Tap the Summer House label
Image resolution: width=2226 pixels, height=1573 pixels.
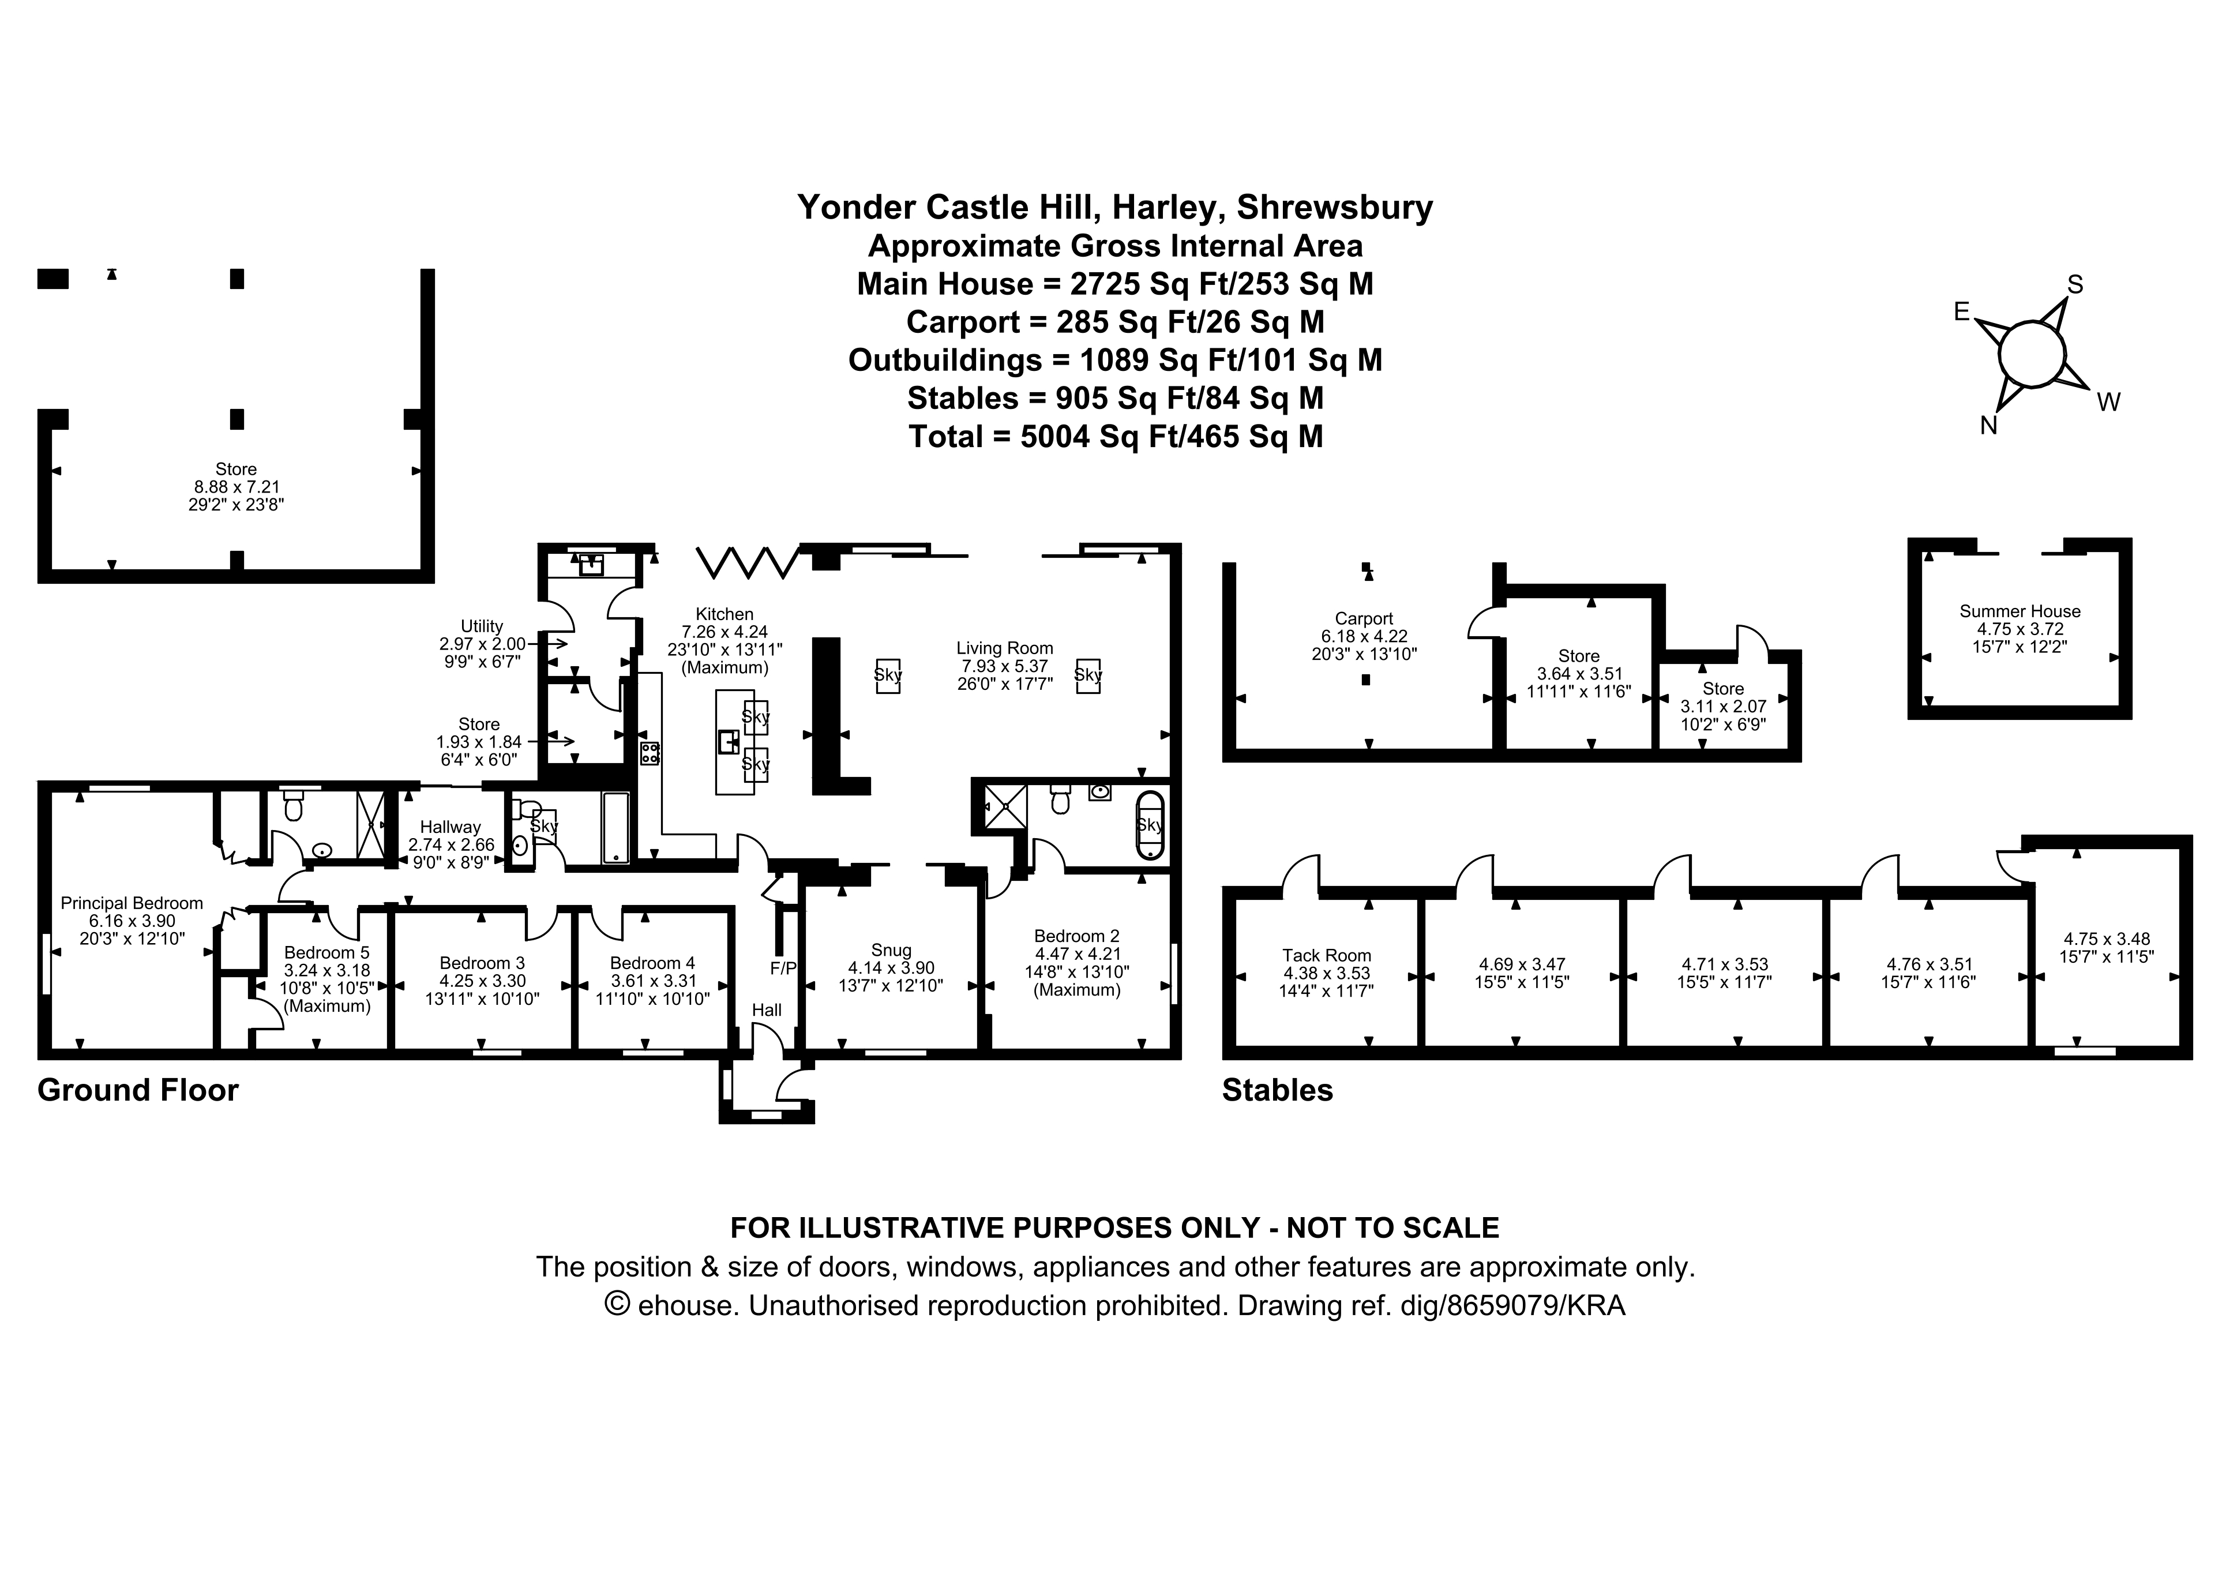click(x=2019, y=611)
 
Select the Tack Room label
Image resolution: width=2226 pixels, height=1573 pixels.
click(x=1326, y=955)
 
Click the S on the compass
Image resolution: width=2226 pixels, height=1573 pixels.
click(x=2075, y=284)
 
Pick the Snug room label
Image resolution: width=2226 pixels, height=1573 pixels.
click(x=890, y=951)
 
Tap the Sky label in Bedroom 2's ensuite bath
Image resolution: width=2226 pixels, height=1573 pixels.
click(x=1149, y=825)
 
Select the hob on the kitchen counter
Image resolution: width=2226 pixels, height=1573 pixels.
click(x=650, y=753)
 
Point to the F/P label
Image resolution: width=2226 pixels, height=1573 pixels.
click(x=782, y=968)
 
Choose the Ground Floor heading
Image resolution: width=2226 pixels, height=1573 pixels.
click(x=138, y=1090)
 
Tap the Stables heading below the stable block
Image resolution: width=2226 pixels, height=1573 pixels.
click(x=1277, y=1090)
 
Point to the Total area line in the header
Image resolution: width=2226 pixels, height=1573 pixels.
click(x=1115, y=437)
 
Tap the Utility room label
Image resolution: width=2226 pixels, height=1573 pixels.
click(x=482, y=626)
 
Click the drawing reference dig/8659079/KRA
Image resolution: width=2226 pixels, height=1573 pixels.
click(x=1512, y=1305)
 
